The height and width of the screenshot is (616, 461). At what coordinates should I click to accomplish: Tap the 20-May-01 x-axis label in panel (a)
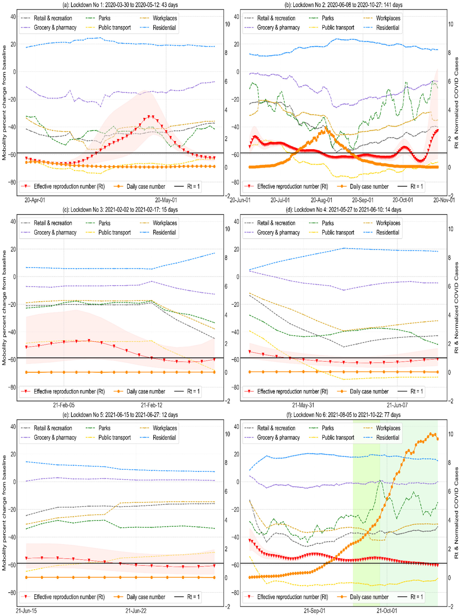click(166, 200)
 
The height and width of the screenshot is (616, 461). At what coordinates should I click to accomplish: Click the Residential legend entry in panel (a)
click(164, 28)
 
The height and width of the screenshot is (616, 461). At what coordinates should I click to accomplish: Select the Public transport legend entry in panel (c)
click(114, 233)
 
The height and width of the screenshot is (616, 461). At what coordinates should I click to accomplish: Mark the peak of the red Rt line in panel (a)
click(151, 116)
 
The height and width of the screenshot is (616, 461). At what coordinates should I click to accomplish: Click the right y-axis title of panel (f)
click(456, 512)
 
